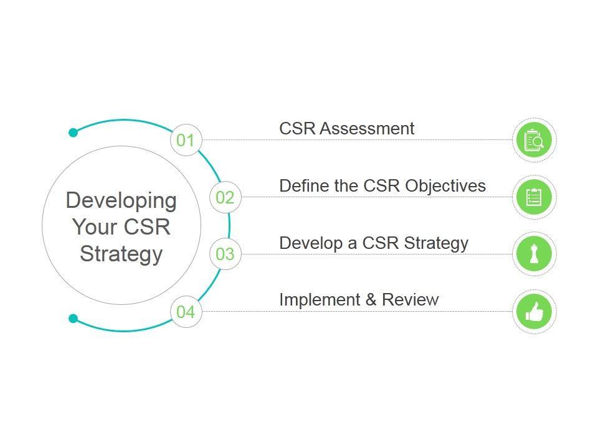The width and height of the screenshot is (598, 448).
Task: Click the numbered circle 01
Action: tap(186, 140)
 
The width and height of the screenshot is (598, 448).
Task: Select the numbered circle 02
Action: tap(225, 197)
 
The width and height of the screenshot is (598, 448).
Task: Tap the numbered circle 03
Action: tap(225, 254)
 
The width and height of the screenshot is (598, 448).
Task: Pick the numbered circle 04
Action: tap(186, 312)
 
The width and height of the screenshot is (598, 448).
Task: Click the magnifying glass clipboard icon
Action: tap(534, 140)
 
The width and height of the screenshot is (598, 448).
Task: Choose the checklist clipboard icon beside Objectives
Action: tap(534, 197)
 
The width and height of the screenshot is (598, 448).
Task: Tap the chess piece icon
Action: tap(534, 254)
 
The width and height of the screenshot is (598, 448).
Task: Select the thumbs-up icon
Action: tap(534, 312)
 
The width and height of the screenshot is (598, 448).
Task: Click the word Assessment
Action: tap(367, 129)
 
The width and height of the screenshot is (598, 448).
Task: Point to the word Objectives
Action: tap(445, 186)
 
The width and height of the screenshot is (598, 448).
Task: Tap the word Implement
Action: tap(320, 300)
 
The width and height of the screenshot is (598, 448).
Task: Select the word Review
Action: tap(411, 300)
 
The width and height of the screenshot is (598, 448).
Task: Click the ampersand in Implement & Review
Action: tap(371, 300)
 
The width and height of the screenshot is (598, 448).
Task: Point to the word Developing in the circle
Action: tap(121, 201)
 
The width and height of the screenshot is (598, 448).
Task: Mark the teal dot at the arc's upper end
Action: tap(74, 133)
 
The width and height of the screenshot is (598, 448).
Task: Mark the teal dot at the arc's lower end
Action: tap(74, 319)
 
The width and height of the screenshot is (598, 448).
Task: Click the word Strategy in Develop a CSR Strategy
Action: tap(436, 243)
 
